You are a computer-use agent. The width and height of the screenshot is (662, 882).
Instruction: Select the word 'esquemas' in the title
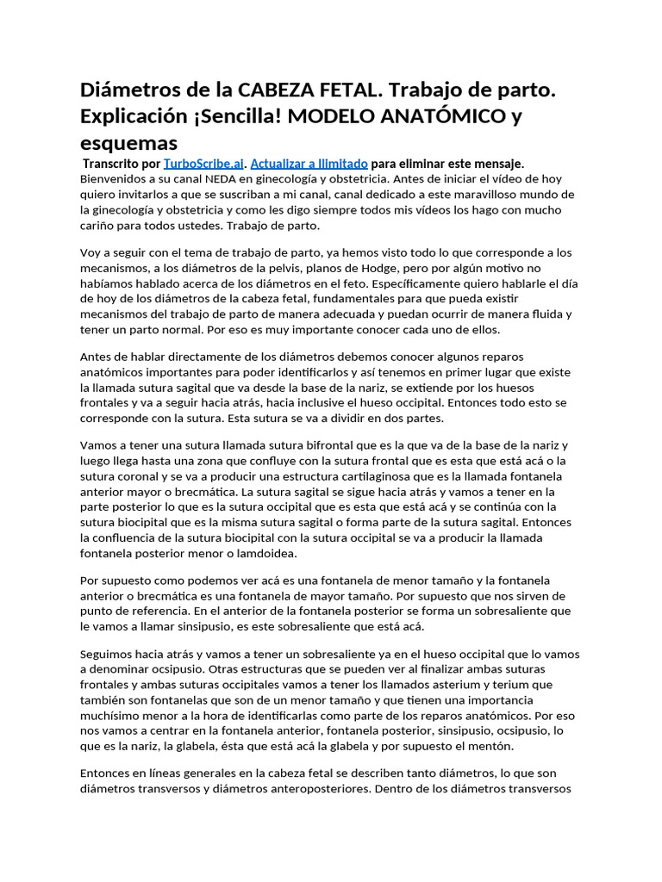click(x=128, y=142)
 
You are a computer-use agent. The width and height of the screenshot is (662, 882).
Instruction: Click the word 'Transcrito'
click(x=110, y=163)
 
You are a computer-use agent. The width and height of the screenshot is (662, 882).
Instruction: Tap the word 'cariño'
click(x=99, y=225)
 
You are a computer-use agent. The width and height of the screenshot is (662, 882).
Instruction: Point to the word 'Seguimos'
click(x=108, y=654)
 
